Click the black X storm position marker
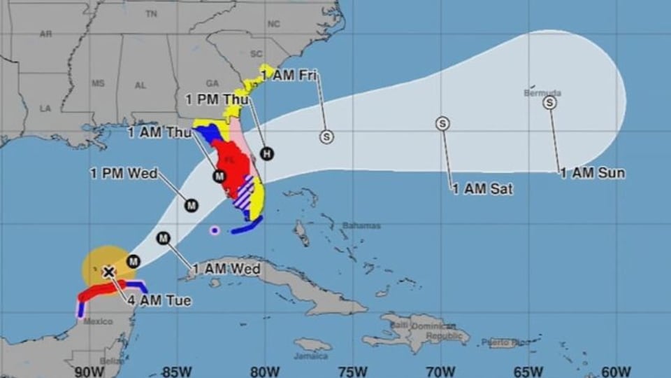(108, 272)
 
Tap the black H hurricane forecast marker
(266, 153)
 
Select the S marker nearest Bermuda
(550, 103)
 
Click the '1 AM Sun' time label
(592, 173)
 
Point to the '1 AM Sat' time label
(482, 188)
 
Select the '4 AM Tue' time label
(159, 301)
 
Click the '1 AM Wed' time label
(226, 268)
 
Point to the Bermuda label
(542, 92)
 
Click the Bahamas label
(361, 225)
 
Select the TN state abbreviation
(151, 13)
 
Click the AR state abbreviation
(46, 33)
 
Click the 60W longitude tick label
(616, 370)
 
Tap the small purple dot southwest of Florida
(215, 230)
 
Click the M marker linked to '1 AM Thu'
(219, 176)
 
